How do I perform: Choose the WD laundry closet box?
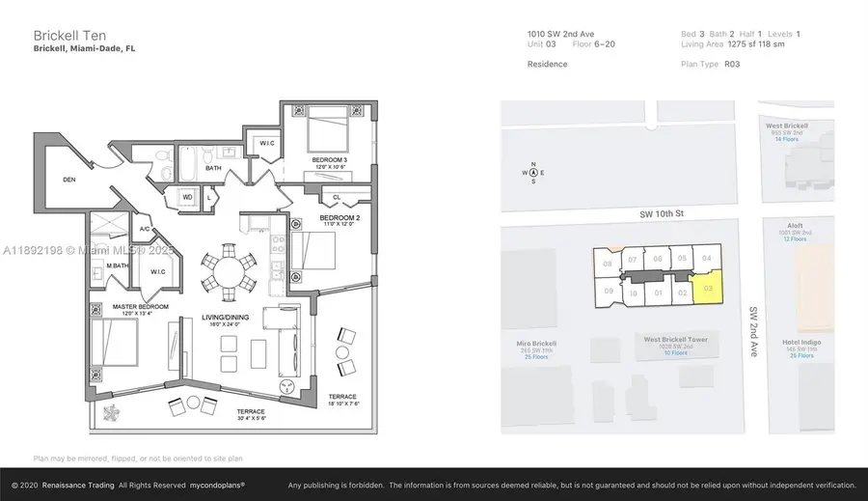[x=186, y=197]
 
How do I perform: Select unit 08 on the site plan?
[x=607, y=264]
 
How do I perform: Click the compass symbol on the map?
[x=531, y=173]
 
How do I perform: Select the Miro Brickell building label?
[x=537, y=344]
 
